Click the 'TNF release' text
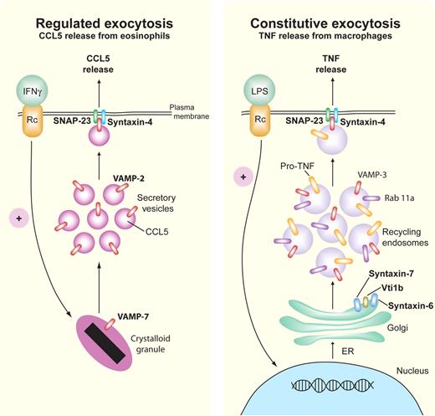329,66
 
